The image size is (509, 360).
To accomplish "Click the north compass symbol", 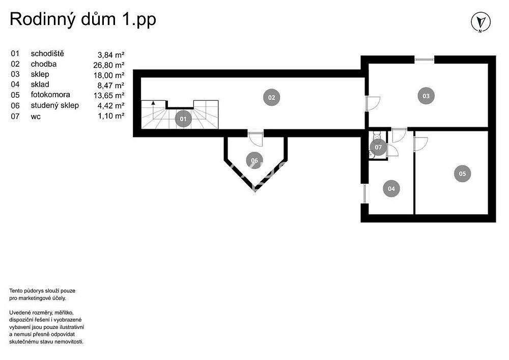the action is (x=480, y=22).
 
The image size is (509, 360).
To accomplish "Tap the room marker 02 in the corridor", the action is (x=272, y=97).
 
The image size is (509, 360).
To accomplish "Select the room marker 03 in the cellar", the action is (x=426, y=96).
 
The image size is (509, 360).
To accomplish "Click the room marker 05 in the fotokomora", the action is (x=462, y=174).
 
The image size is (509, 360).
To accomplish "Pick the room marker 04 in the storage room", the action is (x=391, y=189).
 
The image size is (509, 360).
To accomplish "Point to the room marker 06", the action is (x=254, y=160).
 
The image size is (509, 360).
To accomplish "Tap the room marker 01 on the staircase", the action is (x=183, y=119).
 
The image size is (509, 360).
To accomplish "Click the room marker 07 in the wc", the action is (x=379, y=147).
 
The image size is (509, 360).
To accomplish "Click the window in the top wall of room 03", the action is (x=425, y=60).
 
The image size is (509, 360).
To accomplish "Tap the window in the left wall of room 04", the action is (x=365, y=194).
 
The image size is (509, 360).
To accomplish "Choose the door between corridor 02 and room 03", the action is (x=373, y=103).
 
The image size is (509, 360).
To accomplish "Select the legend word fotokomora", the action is (x=50, y=95).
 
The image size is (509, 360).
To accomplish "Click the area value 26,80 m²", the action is (x=109, y=65).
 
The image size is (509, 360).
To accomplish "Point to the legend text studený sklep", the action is (x=55, y=105).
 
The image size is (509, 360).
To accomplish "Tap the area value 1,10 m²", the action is (x=111, y=116).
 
